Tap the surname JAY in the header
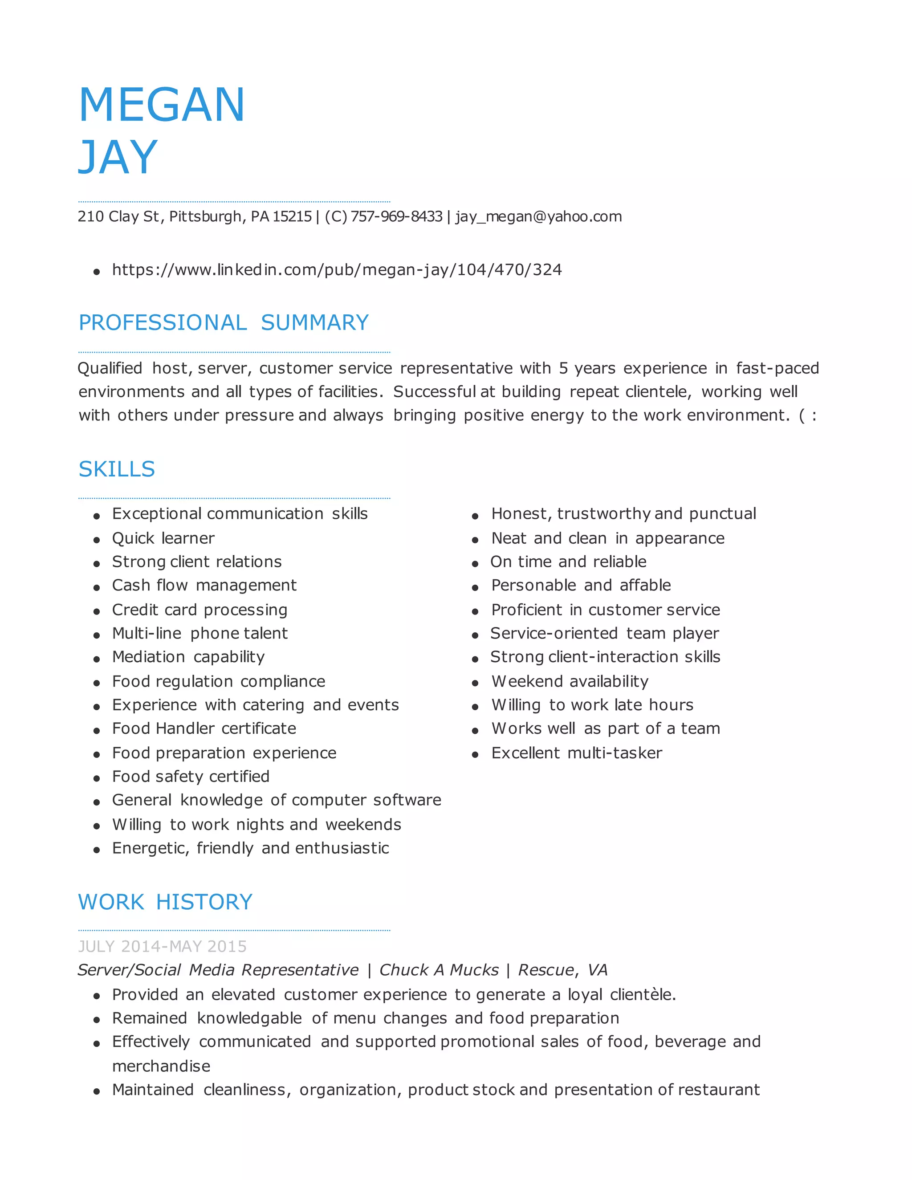(118, 157)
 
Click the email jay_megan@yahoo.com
(538, 217)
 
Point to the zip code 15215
(292, 217)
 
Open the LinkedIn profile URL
(337, 269)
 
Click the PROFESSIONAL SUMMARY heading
(224, 322)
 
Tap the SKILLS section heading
(117, 469)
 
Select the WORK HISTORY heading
(165, 902)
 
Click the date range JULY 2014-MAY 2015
(162, 946)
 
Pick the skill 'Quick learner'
(163, 538)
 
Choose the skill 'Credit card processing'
(199, 610)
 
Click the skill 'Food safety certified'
(191, 777)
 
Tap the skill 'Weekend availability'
(570, 681)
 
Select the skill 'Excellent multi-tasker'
(577, 753)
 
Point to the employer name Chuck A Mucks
(439, 970)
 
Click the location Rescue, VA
(562, 970)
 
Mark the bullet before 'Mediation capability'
(97, 659)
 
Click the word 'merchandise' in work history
(161, 1066)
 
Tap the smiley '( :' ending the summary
(807, 415)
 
